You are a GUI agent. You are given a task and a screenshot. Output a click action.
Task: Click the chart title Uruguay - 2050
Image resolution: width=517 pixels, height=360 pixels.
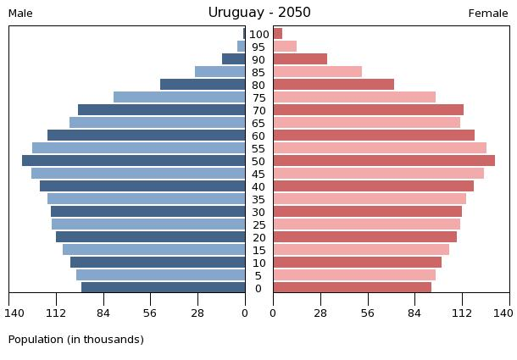(x=259, y=13)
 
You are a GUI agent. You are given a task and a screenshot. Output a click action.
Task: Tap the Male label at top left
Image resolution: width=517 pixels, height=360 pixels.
(x=20, y=14)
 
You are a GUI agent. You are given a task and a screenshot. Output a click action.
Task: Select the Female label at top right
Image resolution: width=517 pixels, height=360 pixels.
(x=488, y=14)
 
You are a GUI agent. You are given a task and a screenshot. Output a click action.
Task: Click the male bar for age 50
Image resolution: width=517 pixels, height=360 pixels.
(x=134, y=161)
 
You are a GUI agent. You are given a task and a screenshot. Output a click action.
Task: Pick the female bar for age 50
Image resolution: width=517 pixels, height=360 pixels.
(x=383, y=161)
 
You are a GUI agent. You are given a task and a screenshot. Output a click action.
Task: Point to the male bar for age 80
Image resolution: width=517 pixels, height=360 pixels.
(x=203, y=85)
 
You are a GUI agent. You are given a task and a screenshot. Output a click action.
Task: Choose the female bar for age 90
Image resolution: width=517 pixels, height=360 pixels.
(x=300, y=59)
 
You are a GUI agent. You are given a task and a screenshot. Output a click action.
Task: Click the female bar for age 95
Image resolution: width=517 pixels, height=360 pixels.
(x=285, y=47)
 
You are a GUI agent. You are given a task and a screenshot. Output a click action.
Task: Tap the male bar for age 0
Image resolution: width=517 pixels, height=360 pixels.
(x=164, y=288)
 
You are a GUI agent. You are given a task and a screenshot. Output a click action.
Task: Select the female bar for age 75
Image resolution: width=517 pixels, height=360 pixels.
(x=354, y=97)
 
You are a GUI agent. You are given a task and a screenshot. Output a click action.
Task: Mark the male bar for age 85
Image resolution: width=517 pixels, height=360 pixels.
(x=220, y=72)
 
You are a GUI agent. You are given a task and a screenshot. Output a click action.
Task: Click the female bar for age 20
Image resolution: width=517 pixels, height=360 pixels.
(x=364, y=237)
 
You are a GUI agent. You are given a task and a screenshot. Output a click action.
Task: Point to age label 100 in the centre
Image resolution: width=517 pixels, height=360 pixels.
(x=259, y=34)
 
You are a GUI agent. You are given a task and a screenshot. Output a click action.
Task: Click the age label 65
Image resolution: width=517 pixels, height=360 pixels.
(x=258, y=123)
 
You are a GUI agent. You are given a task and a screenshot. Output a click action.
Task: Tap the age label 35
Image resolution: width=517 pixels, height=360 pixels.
(x=258, y=199)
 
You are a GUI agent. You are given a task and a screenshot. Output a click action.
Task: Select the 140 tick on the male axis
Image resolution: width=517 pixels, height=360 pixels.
(x=14, y=313)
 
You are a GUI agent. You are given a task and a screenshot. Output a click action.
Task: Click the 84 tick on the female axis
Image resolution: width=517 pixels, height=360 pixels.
(x=415, y=313)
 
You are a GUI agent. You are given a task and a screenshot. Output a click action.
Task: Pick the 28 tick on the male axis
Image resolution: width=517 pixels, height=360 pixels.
(x=198, y=313)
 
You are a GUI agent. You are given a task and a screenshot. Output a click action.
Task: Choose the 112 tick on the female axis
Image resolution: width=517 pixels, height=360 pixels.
(x=462, y=313)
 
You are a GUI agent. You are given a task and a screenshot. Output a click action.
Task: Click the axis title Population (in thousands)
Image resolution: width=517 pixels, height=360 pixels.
(x=76, y=340)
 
